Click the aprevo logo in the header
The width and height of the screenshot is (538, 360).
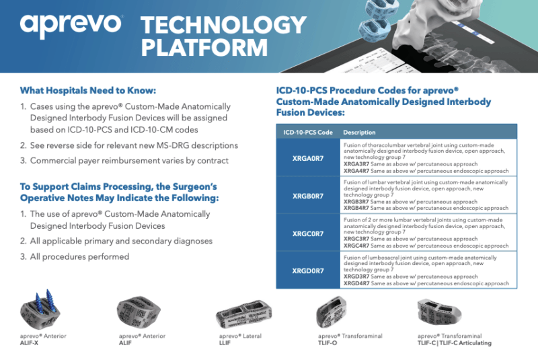(71, 25)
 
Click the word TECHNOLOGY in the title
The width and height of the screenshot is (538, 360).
(223, 25)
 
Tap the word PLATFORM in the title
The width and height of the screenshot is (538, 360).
(204, 47)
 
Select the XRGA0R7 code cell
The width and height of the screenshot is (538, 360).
(308, 158)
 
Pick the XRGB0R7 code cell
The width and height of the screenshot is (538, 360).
(308, 196)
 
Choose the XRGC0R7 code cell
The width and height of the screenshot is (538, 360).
(308, 233)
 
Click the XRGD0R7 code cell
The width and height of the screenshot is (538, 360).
(308, 271)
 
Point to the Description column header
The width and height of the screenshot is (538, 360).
(359, 132)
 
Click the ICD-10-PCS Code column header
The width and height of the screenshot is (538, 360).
(308, 132)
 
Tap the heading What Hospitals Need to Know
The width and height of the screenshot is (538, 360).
(88, 90)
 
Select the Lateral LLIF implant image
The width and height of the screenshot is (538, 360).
(243, 314)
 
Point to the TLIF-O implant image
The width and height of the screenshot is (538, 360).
(331, 312)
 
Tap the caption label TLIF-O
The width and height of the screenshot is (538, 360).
(328, 343)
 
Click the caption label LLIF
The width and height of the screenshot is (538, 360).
(225, 343)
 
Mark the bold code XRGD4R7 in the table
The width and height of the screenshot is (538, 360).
(356, 283)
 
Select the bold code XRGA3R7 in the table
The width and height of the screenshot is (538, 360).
(356, 164)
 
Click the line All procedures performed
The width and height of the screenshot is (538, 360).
(79, 256)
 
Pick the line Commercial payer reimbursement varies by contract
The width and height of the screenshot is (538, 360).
(129, 161)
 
